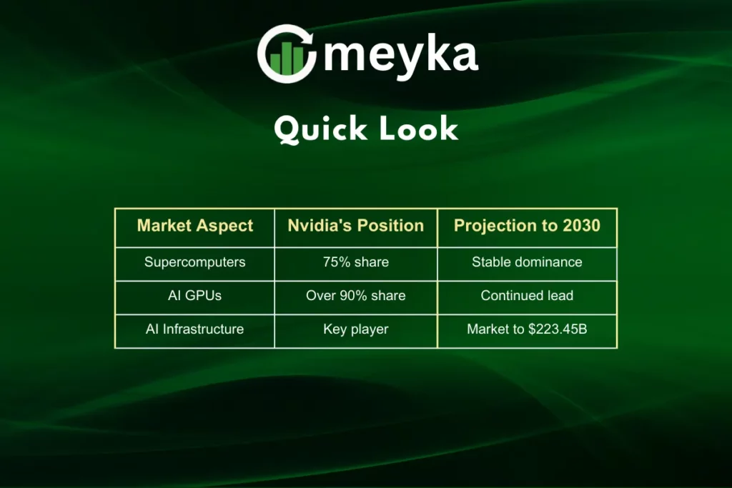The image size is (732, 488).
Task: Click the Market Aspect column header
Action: click(x=194, y=226)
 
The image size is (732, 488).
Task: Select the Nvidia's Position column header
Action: click(x=355, y=226)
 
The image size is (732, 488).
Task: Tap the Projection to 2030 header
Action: click(x=527, y=226)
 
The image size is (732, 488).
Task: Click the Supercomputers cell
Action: click(x=194, y=262)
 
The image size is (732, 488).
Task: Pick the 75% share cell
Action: click(x=355, y=262)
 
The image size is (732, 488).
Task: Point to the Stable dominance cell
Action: click(x=527, y=262)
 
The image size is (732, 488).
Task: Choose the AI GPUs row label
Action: click(x=194, y=296)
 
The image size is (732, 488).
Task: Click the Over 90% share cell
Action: click(x=355, y=296)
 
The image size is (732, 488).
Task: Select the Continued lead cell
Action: click(x=527, y=296)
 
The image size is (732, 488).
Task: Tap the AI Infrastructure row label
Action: click(x=194, y=329)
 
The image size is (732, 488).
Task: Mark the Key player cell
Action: click(x=355, y=329)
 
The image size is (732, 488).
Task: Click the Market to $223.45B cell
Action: click(x=527, y=329)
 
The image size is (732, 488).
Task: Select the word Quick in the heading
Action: click(x=319, y=130)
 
